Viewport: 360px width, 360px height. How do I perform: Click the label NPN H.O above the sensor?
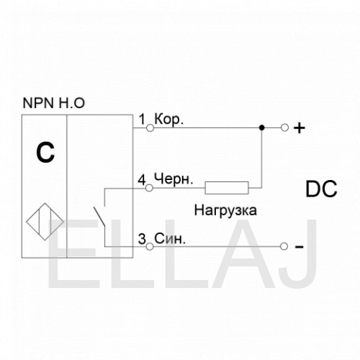[53, 103]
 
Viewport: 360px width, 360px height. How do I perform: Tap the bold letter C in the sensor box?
[45, 153]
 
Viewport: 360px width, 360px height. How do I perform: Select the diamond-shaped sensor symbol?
[45, 222]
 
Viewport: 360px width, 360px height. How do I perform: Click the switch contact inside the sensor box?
[99, 217]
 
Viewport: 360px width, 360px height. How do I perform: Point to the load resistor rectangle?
[227, 188]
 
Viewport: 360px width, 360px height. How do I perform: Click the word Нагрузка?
[225, 211]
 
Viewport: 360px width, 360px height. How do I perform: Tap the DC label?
[321, 189]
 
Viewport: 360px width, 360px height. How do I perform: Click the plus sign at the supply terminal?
[300, 128]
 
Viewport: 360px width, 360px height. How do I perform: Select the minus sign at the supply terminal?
[299, 247]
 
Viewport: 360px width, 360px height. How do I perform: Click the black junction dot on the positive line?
[262, 127]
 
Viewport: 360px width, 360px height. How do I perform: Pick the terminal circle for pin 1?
[150, 128]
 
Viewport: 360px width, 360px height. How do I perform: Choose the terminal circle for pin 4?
[149, 188]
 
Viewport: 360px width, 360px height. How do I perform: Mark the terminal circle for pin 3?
[150, 246]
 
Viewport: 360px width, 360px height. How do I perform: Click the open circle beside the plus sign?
[284, 127]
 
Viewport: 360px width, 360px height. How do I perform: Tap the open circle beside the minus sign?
[284, 246]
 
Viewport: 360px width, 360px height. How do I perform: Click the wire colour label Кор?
[169, 120]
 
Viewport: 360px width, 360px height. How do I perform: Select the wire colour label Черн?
[174, 179]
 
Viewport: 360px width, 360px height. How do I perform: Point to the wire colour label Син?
[170, 238]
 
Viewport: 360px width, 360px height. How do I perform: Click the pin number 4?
[142, 180]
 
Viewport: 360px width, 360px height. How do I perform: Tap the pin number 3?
[142, 239]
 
